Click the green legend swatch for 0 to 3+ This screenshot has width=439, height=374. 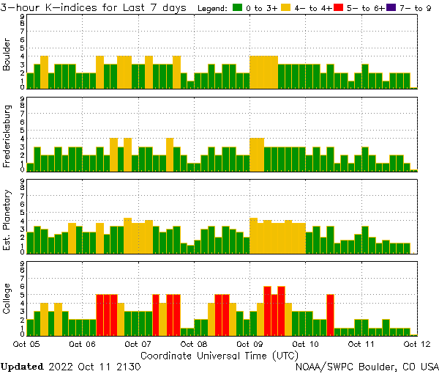[x=238, y=8]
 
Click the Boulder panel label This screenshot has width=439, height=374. [x=7, y=55]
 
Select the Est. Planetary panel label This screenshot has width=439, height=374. [x=7, y=219]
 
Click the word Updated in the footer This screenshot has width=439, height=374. [x=23, y=366]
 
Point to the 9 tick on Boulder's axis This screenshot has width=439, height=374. [x=23, y=17]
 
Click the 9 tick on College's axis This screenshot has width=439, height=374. [x=23, y=263]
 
